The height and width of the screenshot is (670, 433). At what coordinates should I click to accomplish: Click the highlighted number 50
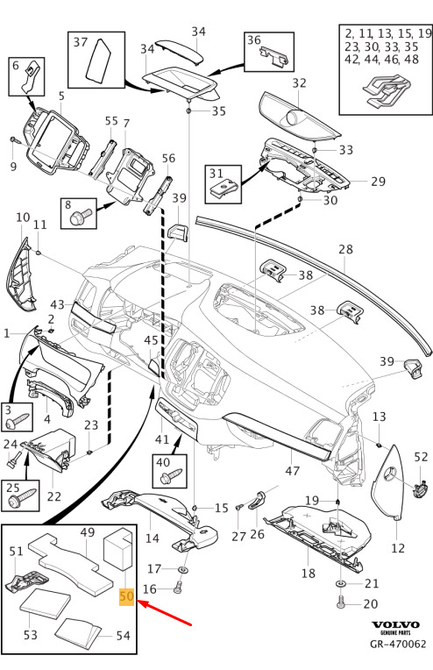pyautogui.click(x=127, y=596)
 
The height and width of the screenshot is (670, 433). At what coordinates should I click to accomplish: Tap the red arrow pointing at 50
pyautogui.click(x=165, y=613)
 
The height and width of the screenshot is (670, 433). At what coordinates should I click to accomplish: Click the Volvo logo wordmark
pyautogui.click(x=395, y=625)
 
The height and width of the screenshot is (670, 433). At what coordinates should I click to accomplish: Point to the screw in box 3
pyautogui.click(x=18, y=419)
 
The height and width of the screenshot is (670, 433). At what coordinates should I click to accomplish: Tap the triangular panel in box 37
pyautogui.click(x=100, y=60)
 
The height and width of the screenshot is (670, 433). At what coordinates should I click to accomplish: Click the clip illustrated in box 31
pyautogui.click(x=223, y=188)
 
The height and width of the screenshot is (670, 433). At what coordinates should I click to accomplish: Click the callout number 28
pyautogui.click(x=345, y=249)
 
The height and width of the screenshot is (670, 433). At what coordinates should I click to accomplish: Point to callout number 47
pyautogui.click(x=293, y=471)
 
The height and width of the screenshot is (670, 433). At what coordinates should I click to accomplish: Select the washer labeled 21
pyautogui.click(x=341, y=583)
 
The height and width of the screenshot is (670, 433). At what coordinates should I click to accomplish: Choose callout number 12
pyautogui.click(x=398, y=548)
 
